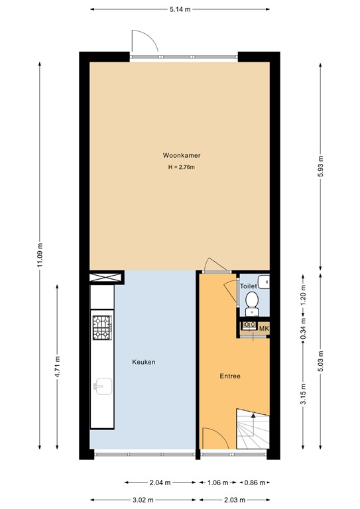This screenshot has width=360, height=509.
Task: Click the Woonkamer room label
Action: [182, 155]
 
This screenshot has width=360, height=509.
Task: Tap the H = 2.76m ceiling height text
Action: [182, 168]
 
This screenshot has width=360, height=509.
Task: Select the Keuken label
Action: [143, 362]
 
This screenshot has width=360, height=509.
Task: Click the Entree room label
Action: [230, 376]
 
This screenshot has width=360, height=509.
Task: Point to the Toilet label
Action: [248, 286]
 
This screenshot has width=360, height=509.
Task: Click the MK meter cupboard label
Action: [263, 329]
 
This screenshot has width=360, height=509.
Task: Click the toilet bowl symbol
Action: [252, 304]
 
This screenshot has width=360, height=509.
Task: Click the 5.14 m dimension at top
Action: [180, 9]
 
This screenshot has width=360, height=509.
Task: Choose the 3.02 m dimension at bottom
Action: [143, 499]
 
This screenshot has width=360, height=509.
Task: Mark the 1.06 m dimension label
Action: [218, 482]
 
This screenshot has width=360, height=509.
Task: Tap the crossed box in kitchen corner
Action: [107, 277]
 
